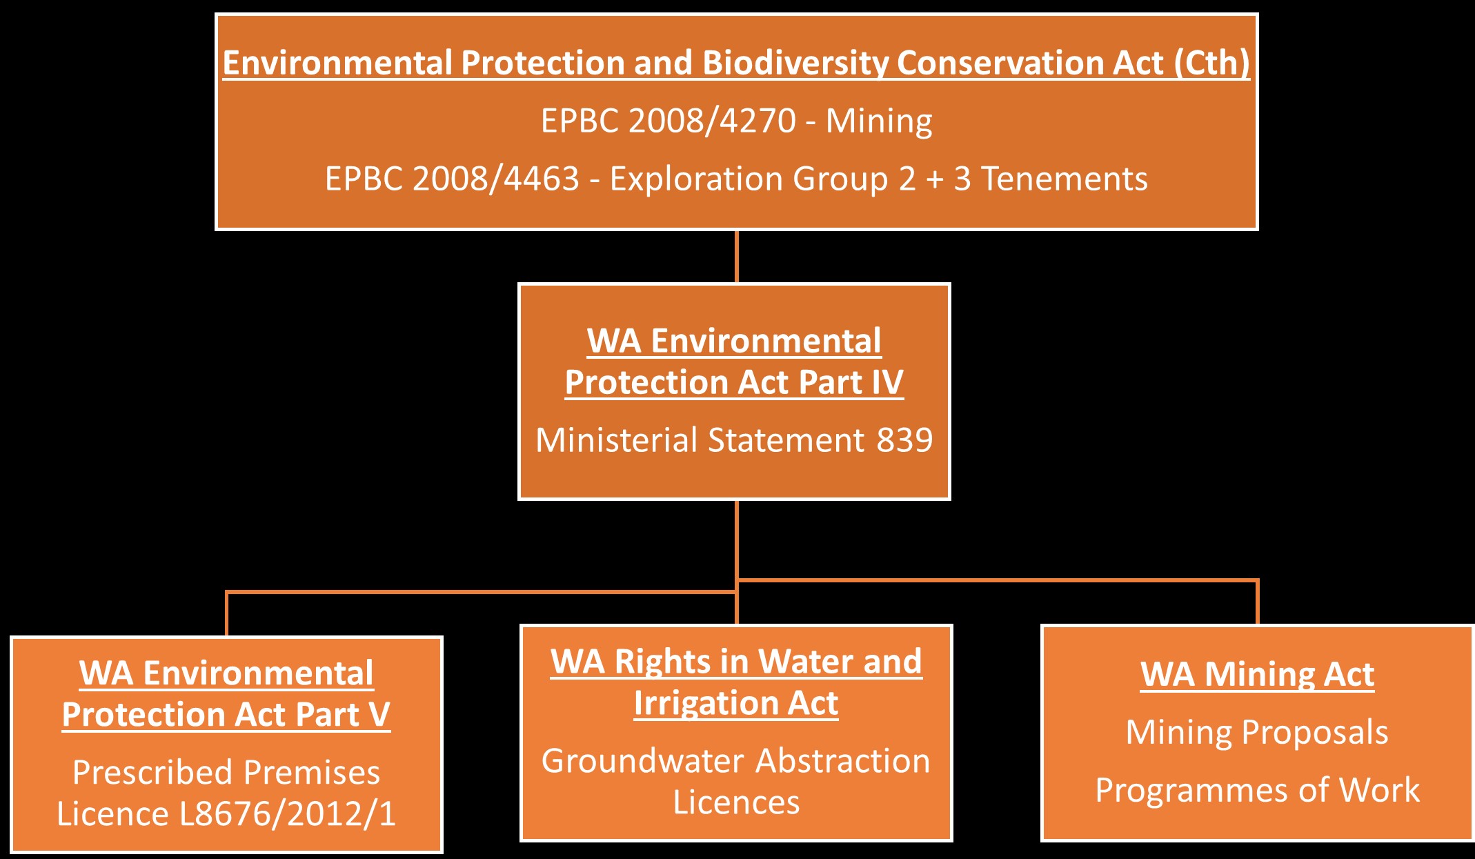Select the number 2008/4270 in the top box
click(x=712, y=121)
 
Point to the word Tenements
click(x=1065, y=179)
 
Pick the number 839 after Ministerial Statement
click(x=904, y=440)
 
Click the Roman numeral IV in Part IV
click(x=887, y=382)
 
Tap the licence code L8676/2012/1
click(x=288, y=814)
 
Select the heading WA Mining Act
click(x=1258, y=674)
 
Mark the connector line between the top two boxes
click(x=737, y=257)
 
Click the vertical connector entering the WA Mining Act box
click(x=1258, y=602)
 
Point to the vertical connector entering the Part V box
click(x=226, y=614)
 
